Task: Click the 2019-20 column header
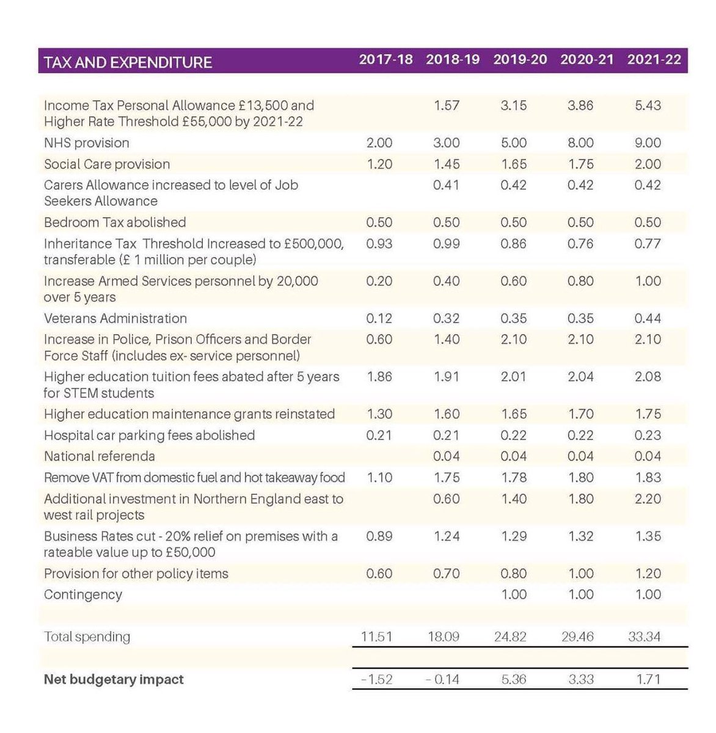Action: pyautogui.click(x=520, y=60)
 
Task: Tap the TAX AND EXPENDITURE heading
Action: pyautogui.click(x=128, y=62)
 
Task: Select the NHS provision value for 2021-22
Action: pyautogui.click(x=648, y=143)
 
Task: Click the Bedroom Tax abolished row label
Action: pyautogui.click(x=115, y=222)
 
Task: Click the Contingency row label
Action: pyautogui.click(x=83, y=594)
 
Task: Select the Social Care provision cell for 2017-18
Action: pyautogui.click(x=379, y=164)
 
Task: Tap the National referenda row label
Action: pyautogui.click(x=100, y=456)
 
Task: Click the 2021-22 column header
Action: pyautogui.click(x=654, y=60)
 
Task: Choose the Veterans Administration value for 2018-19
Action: pyautogui.click(x=447, y=318)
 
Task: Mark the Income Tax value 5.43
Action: pyautogui.click(x=648, y=106)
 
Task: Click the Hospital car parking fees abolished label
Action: pyautogui.click(x=149, y=436)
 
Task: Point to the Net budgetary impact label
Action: pyautogui.click(x=114, y=679)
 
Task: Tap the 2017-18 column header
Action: pyautogui.click(x=385, y=60)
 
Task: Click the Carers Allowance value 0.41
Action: pyautogui.click(x=447, y=185)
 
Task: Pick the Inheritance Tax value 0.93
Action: pyautogui.click(x=379, y=244)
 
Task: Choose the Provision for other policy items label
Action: pyautogui.click(x=136, y=574)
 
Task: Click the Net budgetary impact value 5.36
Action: pyautogui.click(x=513, y=679)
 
